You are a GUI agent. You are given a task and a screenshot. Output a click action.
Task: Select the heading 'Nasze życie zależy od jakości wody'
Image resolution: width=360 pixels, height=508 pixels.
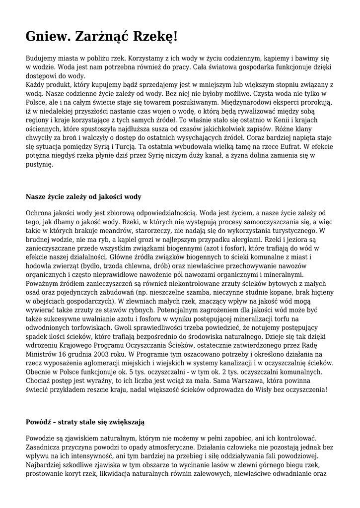(83, 196)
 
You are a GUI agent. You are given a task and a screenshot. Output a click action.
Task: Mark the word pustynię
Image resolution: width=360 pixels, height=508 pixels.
(39, 165)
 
